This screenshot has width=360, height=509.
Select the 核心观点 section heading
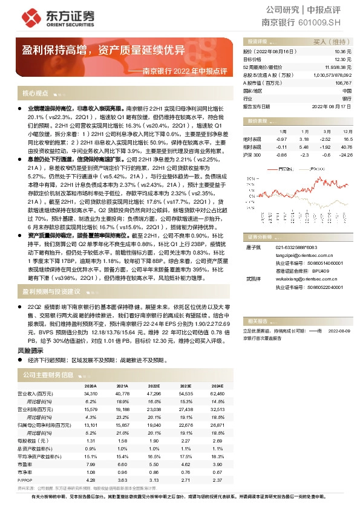[x=35, y=94]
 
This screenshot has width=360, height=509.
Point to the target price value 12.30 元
[x=342, y=60]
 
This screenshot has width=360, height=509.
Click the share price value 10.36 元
[x=342, y=53]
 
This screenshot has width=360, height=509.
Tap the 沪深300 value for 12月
[x=345, y=155]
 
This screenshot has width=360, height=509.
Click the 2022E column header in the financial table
[x=154, y=385]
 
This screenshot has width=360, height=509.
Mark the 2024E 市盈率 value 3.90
[x=217, y=464]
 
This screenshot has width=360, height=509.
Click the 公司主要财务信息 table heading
[x=48, y=375]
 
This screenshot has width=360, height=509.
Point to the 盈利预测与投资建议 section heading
[x=51, y=291]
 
